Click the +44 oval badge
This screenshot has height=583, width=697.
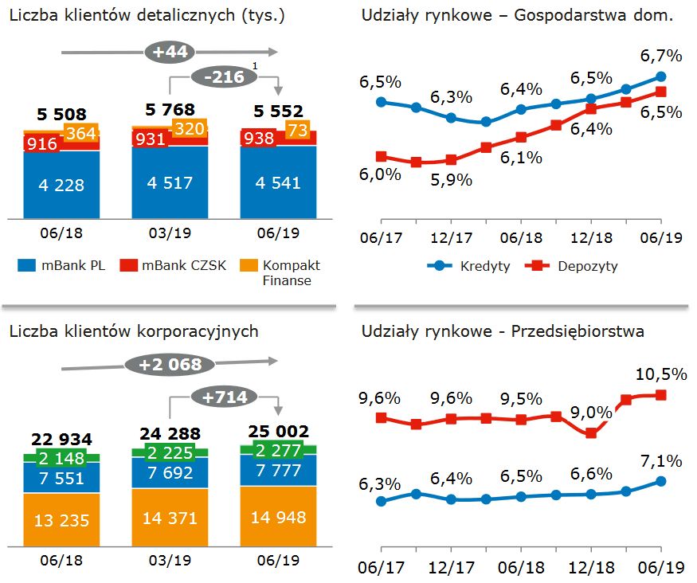[169, 53]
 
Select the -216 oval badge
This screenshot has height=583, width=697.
[224, 78]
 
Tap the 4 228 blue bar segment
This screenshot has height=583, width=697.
[61, 185]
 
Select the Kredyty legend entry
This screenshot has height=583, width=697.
[470, 266]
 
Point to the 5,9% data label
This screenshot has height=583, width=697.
[452, 180]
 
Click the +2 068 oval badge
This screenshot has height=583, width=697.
[170, 365]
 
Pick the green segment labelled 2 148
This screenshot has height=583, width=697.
[61, 458]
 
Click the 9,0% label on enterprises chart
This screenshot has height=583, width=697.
[592, 413]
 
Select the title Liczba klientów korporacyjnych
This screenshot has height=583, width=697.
[134, 331]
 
